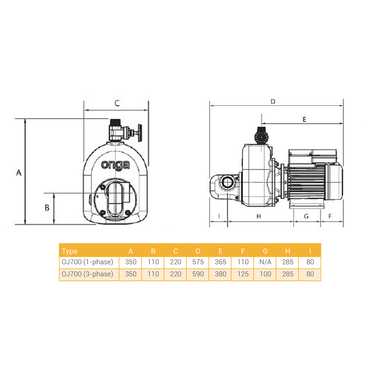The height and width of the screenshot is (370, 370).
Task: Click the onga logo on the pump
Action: [115, 165]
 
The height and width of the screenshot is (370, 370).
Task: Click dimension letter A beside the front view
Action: [19, 172]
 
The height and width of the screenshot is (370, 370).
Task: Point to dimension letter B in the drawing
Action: [47, 208]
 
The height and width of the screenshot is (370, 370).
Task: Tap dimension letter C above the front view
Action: [117, 103]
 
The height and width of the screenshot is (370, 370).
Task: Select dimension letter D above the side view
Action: [273, 101]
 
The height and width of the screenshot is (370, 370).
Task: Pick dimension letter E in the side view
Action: [304, 119]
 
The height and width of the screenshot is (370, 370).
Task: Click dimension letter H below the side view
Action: [259, 216]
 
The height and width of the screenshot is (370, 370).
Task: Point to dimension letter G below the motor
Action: [306, 216]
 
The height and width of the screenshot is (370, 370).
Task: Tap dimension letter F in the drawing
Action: [330, 216]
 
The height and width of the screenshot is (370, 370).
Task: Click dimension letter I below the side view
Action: [219, 216]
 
